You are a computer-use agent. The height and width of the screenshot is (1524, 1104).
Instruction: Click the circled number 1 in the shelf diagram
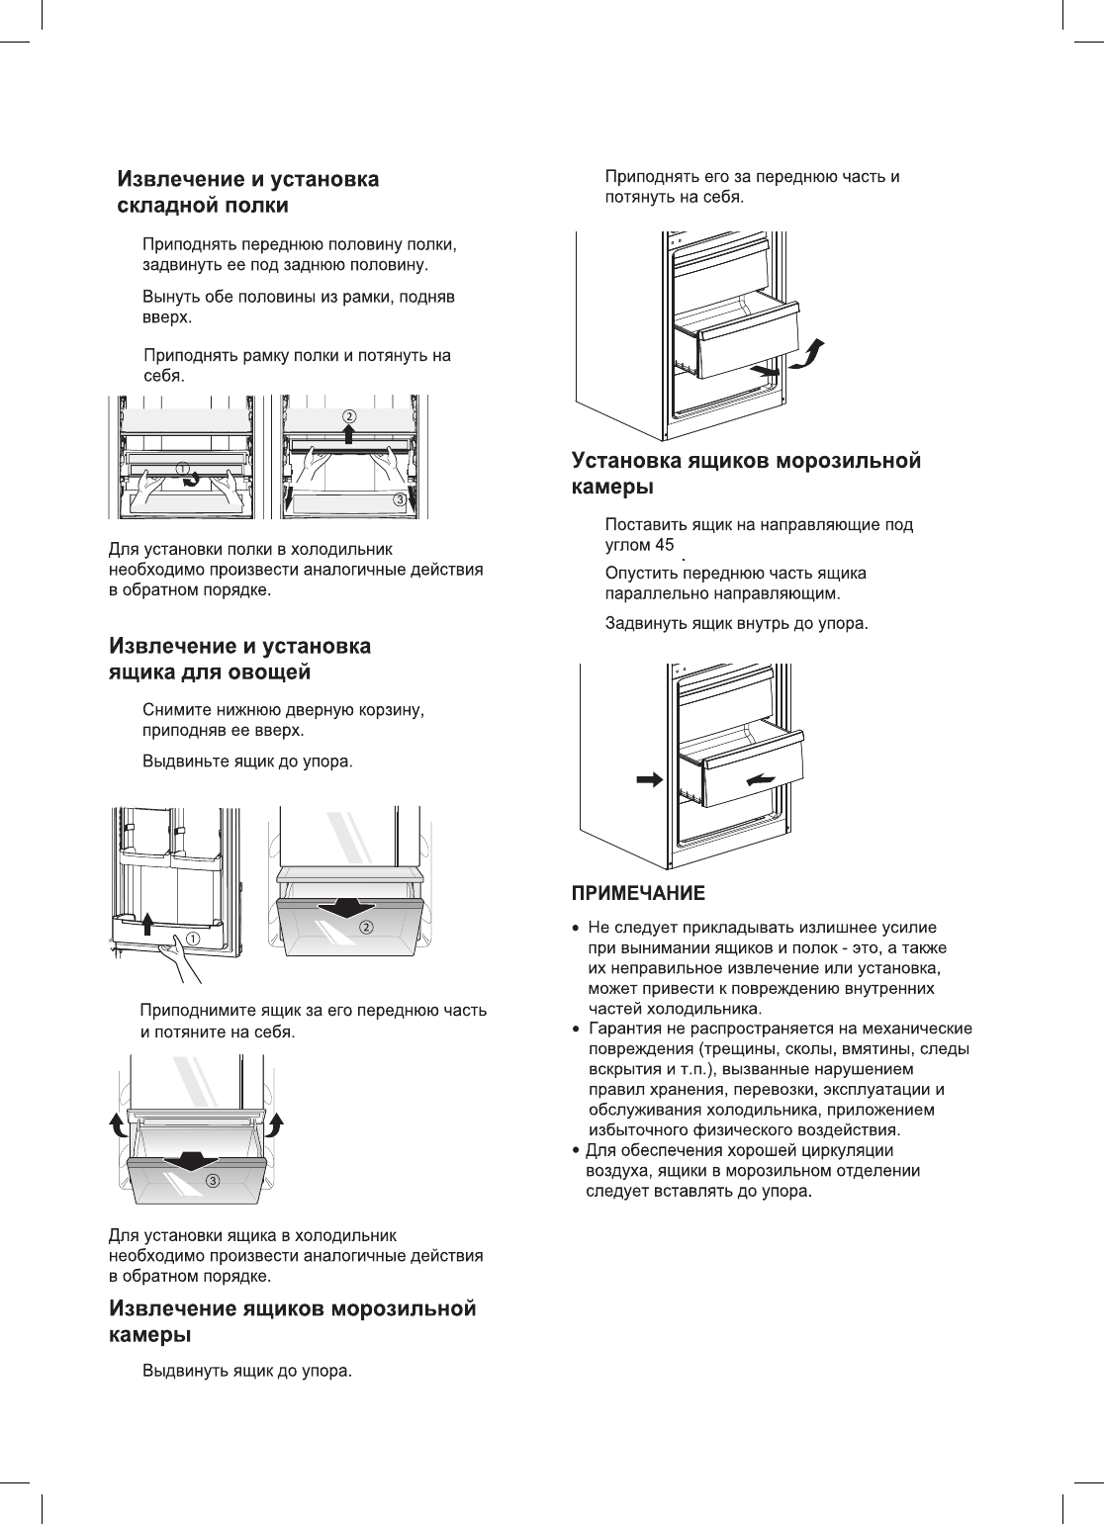point(184,466)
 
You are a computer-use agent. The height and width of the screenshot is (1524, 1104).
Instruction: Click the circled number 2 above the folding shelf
point(349,415)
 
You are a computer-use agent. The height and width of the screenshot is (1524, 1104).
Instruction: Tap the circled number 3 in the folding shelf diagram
point(399,499)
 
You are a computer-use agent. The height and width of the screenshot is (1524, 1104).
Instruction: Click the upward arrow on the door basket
point(147,923)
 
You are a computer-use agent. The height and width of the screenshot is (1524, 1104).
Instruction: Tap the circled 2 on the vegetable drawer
point(366,927)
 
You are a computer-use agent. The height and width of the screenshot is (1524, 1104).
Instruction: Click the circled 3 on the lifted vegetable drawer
point(212,1181)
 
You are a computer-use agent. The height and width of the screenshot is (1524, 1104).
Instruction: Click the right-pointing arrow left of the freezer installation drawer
point(649,779)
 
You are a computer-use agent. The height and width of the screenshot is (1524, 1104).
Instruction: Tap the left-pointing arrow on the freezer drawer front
point(761,780)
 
